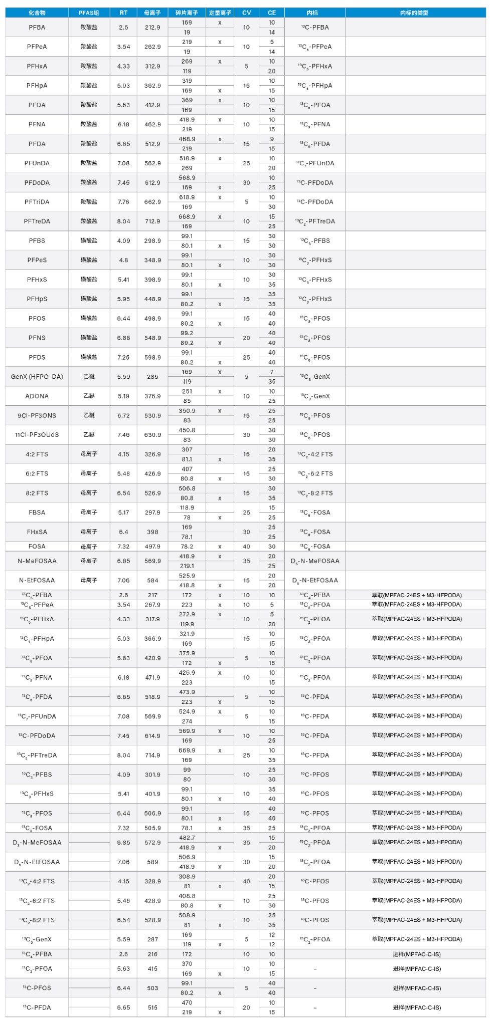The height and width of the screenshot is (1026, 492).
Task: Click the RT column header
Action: point(123,13)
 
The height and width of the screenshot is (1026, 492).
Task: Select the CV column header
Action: point(246,13)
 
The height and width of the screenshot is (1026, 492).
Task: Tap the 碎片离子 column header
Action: point(187,13)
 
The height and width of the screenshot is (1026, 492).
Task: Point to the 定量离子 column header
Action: point(220,13)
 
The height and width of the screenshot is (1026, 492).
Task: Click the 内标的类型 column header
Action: point(415,13)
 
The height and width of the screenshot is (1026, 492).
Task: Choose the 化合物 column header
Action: point(37,13)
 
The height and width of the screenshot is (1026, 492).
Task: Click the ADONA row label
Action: point(37,396)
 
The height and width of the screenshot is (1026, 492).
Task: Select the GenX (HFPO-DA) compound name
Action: point(37,377)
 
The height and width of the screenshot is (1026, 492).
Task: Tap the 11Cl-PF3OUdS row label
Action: point(37,435)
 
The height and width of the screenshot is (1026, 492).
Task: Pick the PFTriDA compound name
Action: point(37,202)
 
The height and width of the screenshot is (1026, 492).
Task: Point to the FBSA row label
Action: point(37,512)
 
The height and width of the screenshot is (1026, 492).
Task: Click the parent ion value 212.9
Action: point(152,28)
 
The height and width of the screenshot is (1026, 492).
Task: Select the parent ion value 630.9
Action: point(152,435)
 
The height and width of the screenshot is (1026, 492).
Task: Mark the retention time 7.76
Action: point(123,202)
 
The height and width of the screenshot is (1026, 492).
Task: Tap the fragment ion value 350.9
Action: point(187,411)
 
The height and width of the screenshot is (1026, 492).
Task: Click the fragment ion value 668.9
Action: point(187,217)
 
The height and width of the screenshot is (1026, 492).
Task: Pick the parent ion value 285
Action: point(152,377)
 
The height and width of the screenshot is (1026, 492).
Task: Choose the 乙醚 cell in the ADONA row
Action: point(89,396)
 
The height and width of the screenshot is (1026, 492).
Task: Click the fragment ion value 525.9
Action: point(187,576)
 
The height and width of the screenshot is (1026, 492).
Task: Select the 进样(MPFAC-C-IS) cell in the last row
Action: point(416,1007)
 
